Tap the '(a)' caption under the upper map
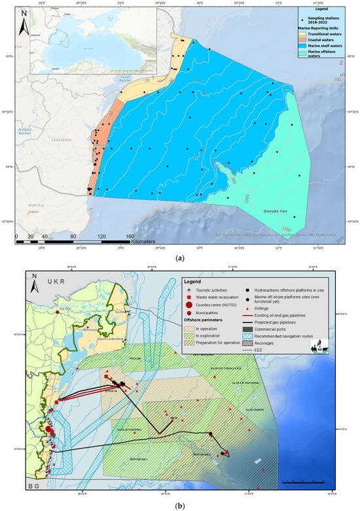(x=180, y=257)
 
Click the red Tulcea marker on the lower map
(x=58, y=313)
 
